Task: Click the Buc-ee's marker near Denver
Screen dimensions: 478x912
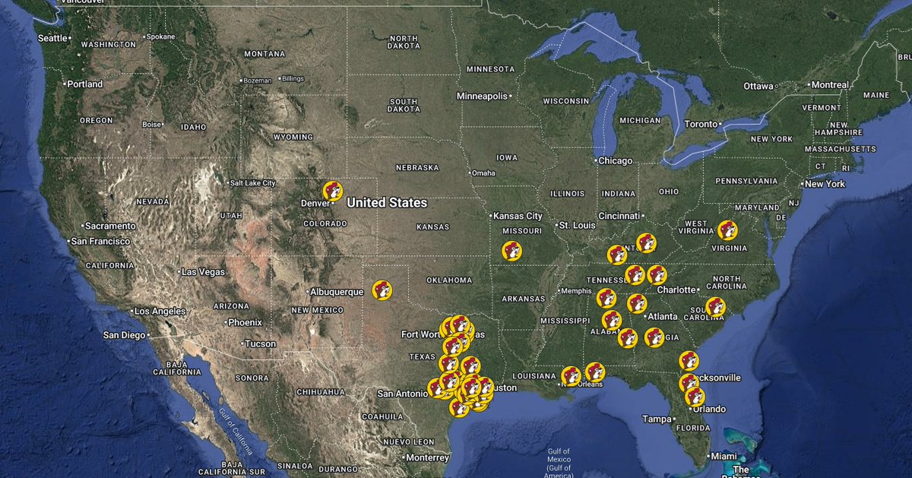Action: (332, 191)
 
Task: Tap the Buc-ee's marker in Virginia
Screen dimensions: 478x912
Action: (727, 230)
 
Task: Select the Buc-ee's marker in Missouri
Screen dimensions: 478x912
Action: (511, 250)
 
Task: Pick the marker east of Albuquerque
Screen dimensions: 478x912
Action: (382, 290)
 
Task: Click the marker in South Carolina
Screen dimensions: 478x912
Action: (715, 306)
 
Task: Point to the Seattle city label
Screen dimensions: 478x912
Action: (52, 38)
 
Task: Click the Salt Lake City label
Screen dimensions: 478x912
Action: (252, 183)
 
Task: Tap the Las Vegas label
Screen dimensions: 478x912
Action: (202, 272)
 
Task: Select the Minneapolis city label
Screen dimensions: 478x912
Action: (481, 97)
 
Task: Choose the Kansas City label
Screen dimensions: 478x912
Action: (518, 217)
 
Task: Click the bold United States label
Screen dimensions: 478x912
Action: (387, 203)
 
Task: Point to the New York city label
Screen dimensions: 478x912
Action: (825, 184)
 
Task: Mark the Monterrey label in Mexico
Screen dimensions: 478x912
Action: (427, 457)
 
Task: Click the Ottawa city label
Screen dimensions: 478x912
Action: (758, 86)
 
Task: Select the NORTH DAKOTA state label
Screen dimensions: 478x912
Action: (404, 43)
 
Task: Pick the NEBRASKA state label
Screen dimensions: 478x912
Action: (417, 167)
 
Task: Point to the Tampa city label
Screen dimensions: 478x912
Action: (657, 419)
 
